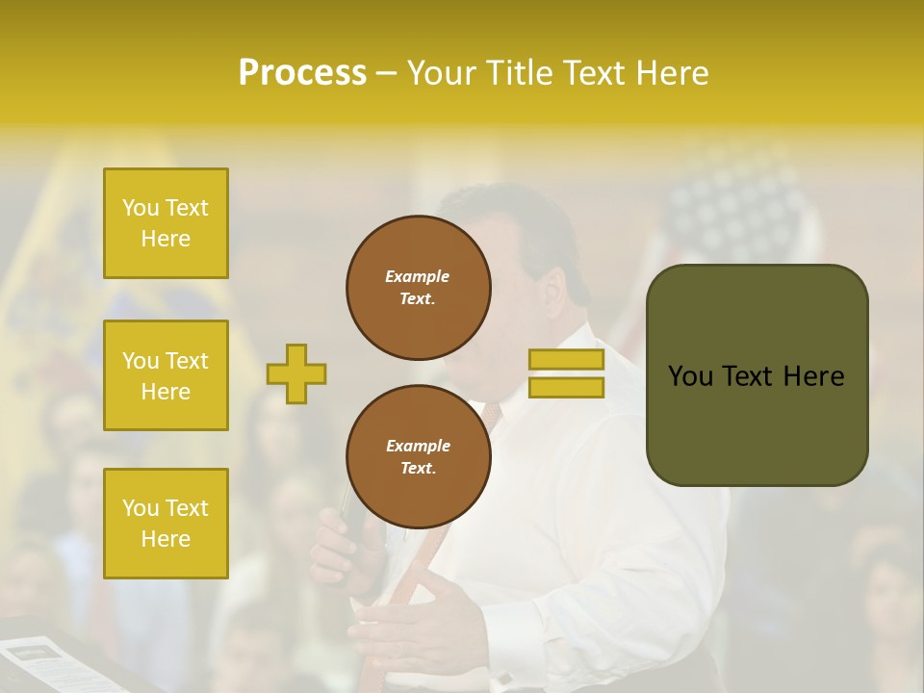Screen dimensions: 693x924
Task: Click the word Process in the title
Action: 302,73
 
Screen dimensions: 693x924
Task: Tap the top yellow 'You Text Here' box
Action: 166,223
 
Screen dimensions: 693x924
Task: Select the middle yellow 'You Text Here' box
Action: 166,375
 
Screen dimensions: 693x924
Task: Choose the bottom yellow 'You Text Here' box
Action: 166,524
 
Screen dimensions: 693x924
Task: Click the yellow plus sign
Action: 296,373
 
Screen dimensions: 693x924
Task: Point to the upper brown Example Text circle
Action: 419,288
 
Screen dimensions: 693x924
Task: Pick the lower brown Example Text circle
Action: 419,457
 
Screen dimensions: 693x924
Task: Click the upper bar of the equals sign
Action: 566,359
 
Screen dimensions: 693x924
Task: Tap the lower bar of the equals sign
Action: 566,388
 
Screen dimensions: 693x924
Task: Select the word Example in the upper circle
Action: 418,276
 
